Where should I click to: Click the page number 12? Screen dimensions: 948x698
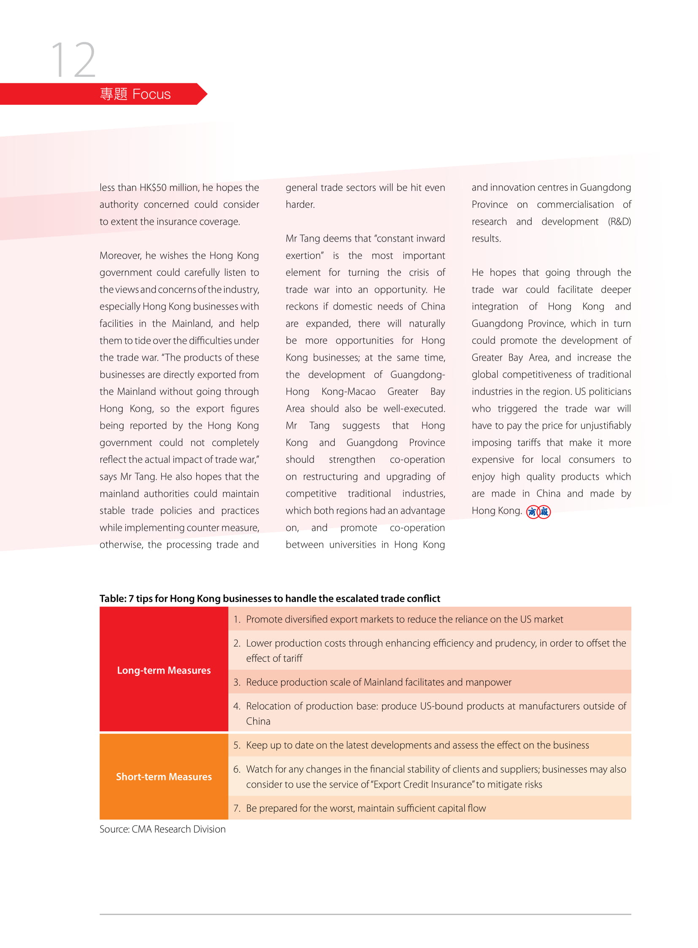[x=73, y=60]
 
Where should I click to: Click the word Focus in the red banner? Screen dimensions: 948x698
[x=151, y=94]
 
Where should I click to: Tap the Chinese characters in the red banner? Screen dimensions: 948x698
[x=113, y=94]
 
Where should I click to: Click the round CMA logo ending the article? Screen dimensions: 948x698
[x=538, y=512]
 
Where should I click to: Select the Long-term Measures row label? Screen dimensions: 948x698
[x=163, y=670]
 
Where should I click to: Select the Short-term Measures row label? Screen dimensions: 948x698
[x=163, y=776]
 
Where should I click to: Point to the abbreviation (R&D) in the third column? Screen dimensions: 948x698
[x=619, y=222]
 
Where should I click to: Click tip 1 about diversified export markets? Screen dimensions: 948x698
[x=404, y=619]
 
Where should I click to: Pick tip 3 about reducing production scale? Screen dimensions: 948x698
[x=378, y=682]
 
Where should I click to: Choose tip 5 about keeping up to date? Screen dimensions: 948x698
[x=417, y=745]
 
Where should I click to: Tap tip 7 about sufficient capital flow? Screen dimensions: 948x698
[x=365, y=808]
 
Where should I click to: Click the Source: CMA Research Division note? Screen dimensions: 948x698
[x=162, y=829]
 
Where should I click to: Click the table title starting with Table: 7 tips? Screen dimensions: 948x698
[x=270, y=598]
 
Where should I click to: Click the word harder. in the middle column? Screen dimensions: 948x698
[x=300, y=205]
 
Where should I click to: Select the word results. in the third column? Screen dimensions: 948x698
[x=486, y=239]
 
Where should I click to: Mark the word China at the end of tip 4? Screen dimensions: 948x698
[x=258, y=721]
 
